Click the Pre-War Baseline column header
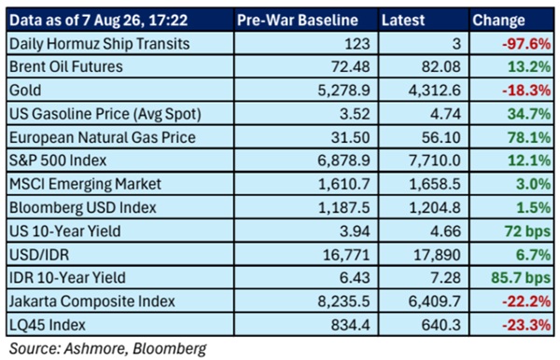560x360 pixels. [298, 20]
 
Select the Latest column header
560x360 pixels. [403, 20]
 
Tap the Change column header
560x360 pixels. [498, 21]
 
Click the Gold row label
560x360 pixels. [25, 90]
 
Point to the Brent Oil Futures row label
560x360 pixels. [66, 67]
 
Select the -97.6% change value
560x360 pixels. [526, 44]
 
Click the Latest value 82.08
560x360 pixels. [441, 67]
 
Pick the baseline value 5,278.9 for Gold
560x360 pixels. [343, 90]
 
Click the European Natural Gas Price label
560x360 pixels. [103, 137]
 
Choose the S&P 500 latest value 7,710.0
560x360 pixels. [435, 160]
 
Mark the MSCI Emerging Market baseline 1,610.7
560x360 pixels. [343, 184]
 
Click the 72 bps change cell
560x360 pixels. [527, 231]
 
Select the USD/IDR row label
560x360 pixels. [39, 255]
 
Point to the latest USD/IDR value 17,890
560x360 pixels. [437, 255]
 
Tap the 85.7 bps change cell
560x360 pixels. [521, 278]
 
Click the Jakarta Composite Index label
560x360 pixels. [92, 301]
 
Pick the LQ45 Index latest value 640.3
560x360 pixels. [441, 325]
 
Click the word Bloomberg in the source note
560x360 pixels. [170, 349]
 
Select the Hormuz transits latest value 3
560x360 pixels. [456, 44]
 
